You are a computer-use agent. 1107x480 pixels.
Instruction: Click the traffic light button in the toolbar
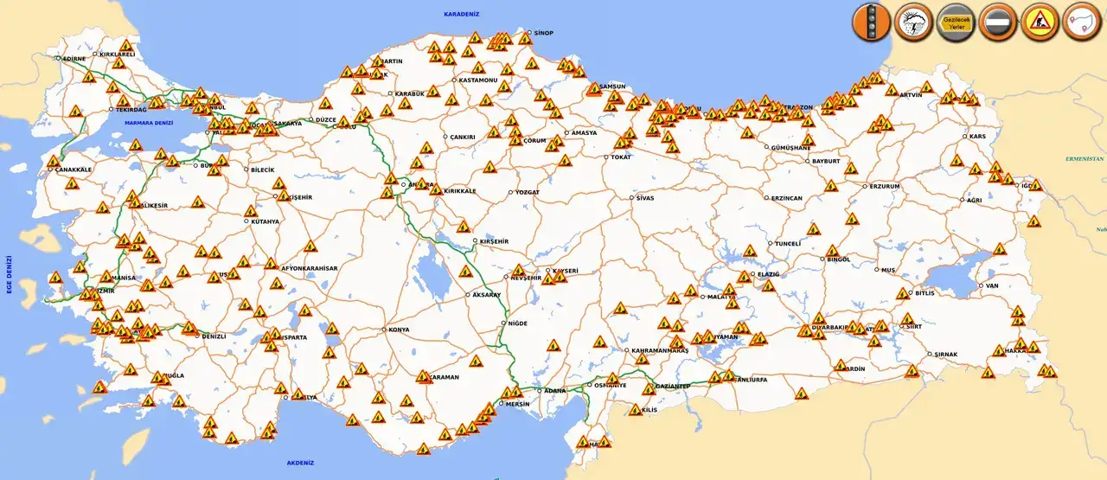coord(871,22)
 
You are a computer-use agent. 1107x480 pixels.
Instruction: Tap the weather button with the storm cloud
coord(912,22)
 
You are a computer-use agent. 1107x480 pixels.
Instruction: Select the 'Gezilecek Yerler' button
coord(955,22)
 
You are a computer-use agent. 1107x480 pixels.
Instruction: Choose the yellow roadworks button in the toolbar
coord(1039,22)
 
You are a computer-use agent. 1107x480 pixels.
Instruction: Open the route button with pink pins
coord(1080,22)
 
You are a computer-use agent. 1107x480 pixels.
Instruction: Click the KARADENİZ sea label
coord(461,15)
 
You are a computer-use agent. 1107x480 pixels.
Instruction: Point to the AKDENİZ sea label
coord(299,463)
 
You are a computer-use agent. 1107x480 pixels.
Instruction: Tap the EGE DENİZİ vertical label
coord(10,274)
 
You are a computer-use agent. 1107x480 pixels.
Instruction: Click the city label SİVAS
coord(644,198)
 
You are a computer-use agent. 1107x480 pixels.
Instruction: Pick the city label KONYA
coord(399,330)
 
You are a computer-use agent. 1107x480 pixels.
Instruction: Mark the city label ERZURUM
coord(885,186)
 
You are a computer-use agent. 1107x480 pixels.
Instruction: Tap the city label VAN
coord(992,285)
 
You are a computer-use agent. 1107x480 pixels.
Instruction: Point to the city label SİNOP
coord(543,33)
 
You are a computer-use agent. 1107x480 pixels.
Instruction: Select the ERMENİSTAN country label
coord(1085,159)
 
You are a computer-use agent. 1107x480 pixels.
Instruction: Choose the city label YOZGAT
coord(527,192)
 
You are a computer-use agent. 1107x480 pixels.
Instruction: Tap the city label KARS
coord(977,137)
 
